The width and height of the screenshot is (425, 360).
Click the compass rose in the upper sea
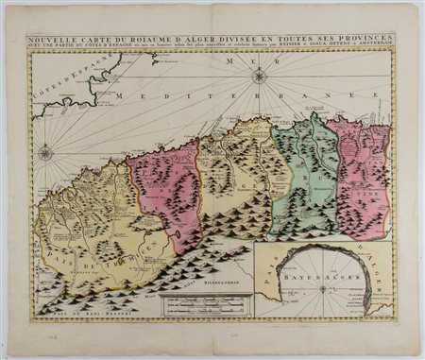point(258,76)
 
